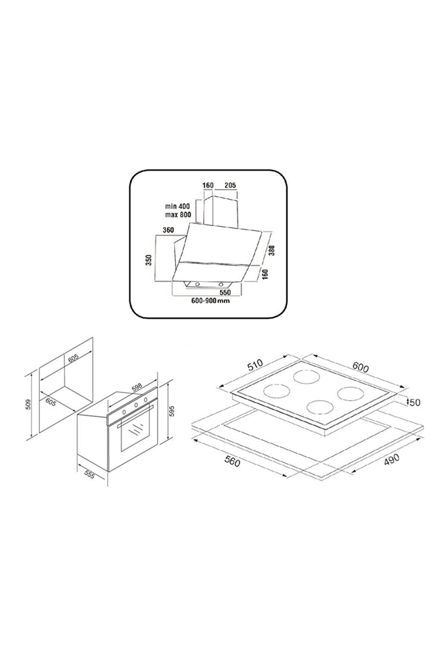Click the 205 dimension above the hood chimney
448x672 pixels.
[231, 185]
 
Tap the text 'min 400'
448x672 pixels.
[178, 206]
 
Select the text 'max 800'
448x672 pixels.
[178, 215]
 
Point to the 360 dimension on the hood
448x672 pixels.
[168, 230]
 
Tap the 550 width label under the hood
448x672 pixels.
[225, 292]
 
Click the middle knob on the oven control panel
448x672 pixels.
[136, 405]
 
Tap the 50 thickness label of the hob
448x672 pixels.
[415, 402]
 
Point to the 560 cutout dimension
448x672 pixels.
[231, 462]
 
